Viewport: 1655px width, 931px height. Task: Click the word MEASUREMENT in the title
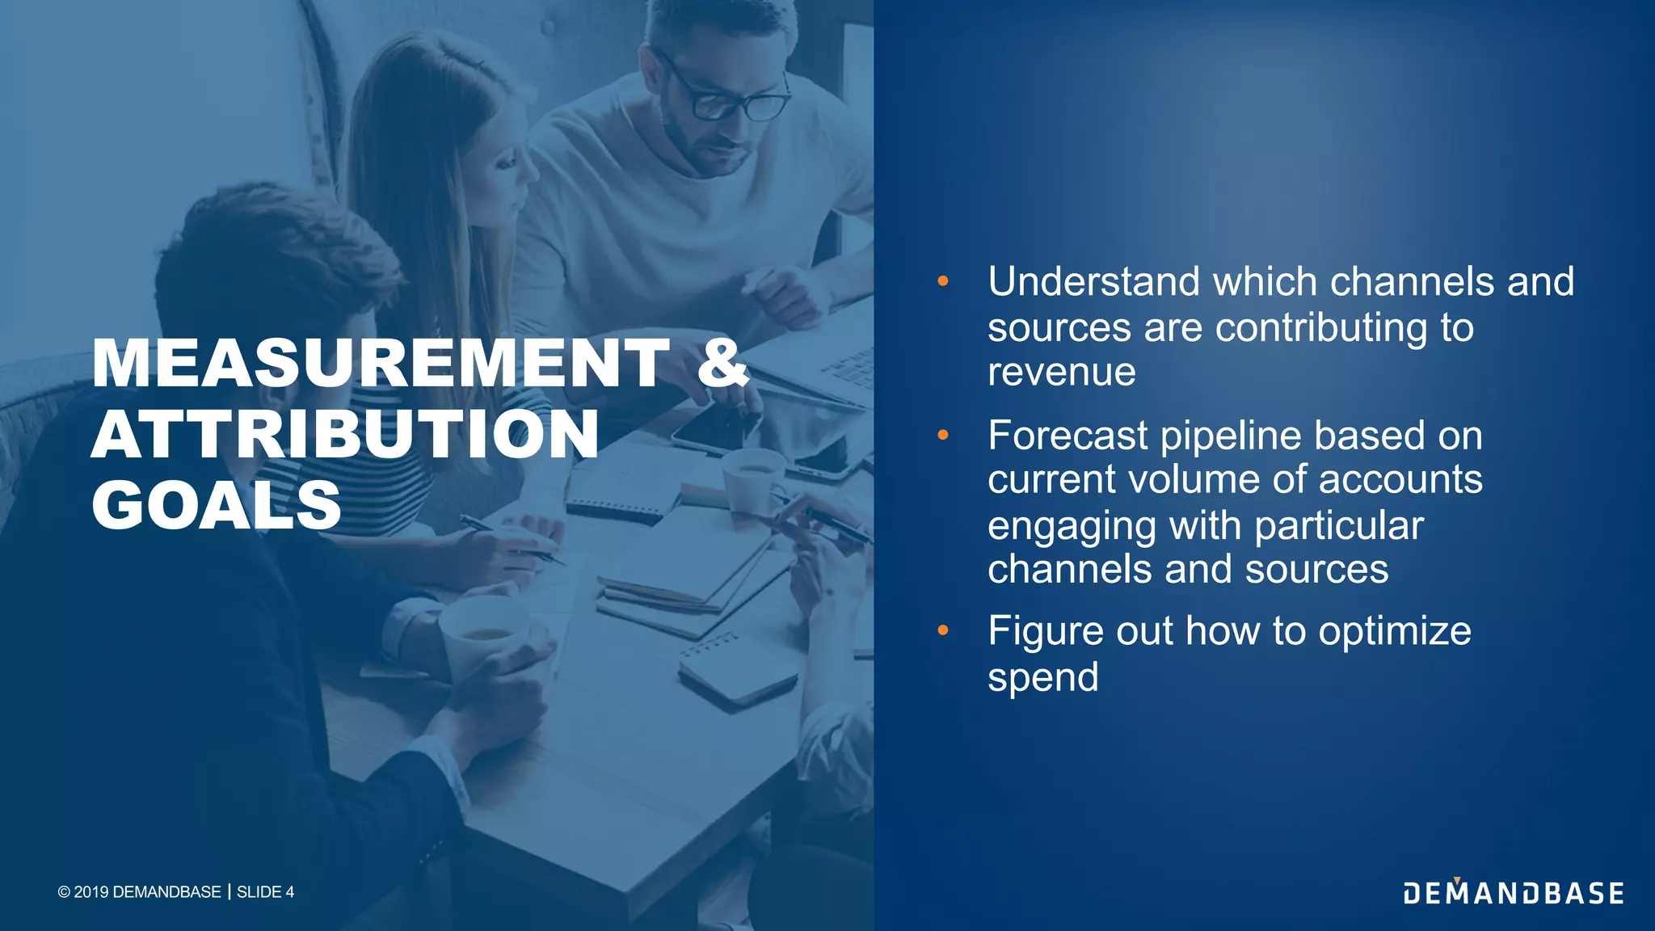coord(381,364)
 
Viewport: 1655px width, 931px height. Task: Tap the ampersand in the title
coord(722,364)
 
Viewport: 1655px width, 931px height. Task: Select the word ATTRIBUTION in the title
coord(345,435)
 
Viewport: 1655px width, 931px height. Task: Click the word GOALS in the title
coord(217,505)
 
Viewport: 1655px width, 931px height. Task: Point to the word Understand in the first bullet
coord(1094,282)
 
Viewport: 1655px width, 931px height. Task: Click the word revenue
coord(1061,372)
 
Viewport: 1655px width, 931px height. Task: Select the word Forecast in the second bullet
coord(1067,436)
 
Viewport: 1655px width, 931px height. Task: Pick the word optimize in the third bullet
coord(1395,631)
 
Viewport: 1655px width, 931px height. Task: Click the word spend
coord(1042,677)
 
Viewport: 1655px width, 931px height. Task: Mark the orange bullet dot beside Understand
coord(942,282)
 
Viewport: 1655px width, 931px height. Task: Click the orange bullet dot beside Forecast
coord(942,436)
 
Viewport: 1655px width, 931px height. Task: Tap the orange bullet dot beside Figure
coord(942,630)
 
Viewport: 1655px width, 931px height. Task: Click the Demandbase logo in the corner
coord(1513,892)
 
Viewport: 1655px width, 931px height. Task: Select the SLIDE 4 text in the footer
coord(265,892)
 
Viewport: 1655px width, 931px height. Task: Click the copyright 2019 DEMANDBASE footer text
coord(139,892)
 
